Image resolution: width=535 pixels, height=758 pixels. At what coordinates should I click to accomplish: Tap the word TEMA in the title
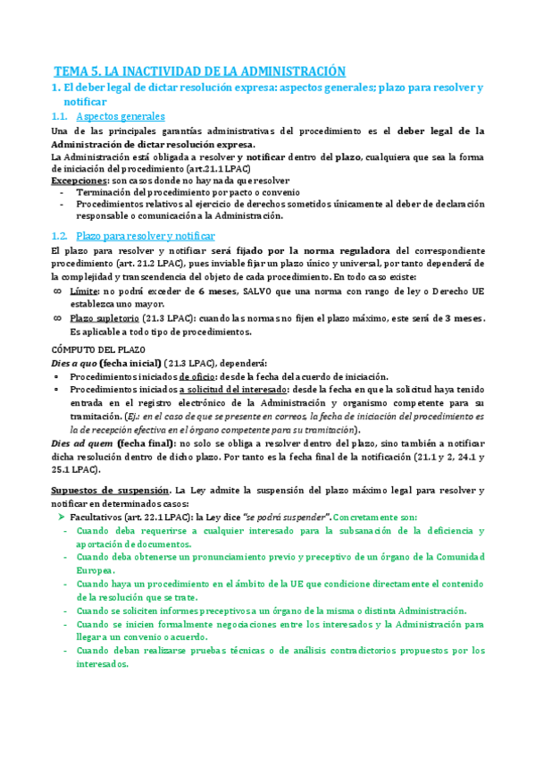[x=72, y=71]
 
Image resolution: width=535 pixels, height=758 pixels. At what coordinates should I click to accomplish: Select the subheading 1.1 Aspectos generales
[x=121, y=116]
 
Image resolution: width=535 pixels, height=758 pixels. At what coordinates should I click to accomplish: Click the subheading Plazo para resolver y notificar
[x=146, y=235]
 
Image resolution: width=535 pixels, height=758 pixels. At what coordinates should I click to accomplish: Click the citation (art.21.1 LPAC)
[x=216, y=168]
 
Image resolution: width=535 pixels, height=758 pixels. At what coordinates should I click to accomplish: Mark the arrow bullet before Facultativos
[x=60, y=518]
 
